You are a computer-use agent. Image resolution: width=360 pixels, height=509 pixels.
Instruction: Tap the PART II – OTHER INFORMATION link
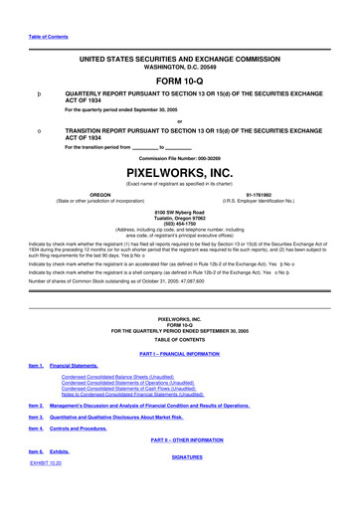coord(179,439)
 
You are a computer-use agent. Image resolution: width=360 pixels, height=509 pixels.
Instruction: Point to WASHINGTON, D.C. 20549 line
coord(179,67)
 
